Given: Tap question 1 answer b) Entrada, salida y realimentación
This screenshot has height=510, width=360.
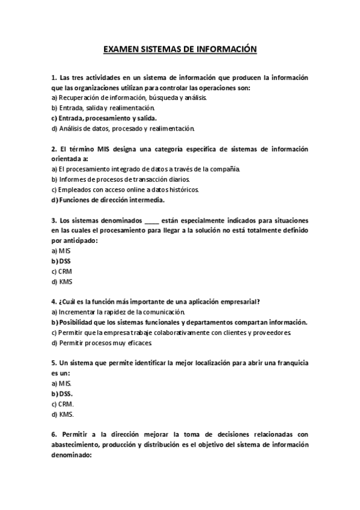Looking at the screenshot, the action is pyautogui.click(x=95, y=107).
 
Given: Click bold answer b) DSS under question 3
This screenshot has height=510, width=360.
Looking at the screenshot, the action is pyautogui.click(x=61, y=261).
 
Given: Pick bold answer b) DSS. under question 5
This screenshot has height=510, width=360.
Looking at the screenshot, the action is pyautogui.click(x=63, y=394).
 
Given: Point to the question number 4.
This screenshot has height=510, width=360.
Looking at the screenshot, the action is pyautogui.click(x=54, y=302).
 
